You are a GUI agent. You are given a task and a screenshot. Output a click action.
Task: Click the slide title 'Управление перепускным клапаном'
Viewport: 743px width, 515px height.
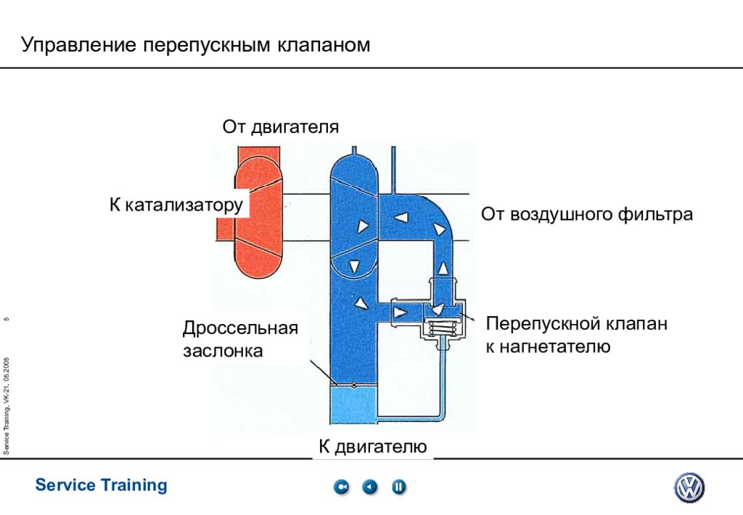click(195, 45)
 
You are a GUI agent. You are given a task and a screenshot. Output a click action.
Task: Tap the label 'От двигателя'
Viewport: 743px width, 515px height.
click(280, 127)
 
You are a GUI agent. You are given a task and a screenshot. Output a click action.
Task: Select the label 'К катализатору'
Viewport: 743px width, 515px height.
click(176, 204)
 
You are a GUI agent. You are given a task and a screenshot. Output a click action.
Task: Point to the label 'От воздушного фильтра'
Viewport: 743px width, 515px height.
click(586, 214)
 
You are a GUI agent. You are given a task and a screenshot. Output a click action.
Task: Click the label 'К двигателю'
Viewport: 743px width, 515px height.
click(372, 446)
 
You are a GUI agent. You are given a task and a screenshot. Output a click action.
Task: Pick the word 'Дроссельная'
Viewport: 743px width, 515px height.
click(240, 328)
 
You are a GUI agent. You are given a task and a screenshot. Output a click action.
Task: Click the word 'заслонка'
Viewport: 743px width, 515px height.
click(222, 352)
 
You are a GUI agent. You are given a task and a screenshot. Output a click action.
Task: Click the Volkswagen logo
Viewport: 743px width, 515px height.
click(689, 487)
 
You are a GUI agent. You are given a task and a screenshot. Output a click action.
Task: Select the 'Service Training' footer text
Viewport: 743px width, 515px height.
click(101, 485)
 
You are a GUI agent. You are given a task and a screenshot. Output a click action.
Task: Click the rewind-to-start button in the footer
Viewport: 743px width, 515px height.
click(341, 487)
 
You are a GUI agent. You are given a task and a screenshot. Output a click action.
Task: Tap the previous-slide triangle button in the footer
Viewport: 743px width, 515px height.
click(370, 487)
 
